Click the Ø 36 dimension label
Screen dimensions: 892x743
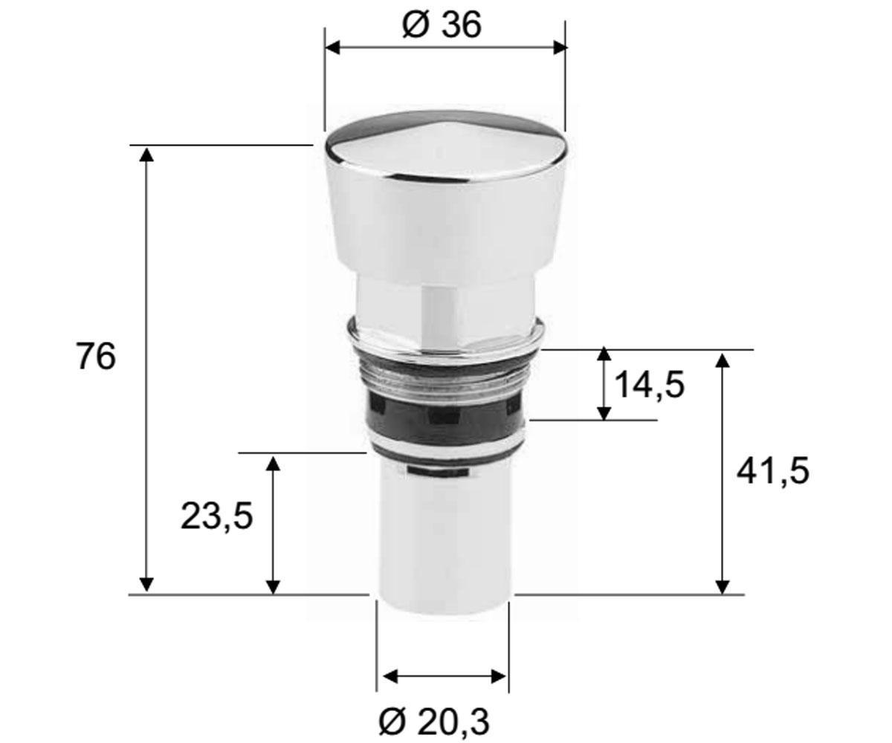(442, 25)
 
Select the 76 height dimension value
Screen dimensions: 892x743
(96, 357)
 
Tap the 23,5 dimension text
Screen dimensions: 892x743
(216, 516)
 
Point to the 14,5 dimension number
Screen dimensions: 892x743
(648, 385)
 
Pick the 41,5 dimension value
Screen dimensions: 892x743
(772, 470)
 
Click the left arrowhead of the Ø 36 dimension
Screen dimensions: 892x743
(332, 48)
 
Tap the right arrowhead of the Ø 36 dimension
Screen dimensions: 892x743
(560, 48)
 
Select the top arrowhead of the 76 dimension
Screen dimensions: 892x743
(146, 154)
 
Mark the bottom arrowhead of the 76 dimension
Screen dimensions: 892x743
(146, 585)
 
